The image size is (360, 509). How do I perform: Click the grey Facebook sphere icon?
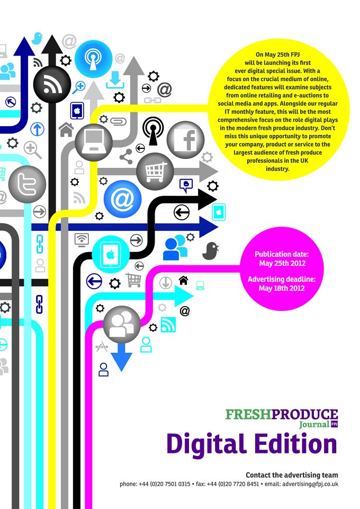[185, 140]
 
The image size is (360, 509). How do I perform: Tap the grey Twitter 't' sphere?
[27, 184]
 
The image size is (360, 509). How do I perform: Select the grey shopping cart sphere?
[155, 172]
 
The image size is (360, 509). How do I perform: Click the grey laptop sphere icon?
[94, 142]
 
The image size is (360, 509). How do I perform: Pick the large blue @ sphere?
[123, 199]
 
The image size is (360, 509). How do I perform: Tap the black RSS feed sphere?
[52, 84]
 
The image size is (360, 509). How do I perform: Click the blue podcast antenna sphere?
[93, 59]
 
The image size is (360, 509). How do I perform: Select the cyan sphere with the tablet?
[111, 254]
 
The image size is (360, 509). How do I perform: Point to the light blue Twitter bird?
[37, 38]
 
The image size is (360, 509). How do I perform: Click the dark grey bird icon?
[210, 251]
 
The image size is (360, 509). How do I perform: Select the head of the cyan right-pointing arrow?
[184, 296]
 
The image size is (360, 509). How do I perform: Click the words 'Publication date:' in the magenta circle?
[282, 254]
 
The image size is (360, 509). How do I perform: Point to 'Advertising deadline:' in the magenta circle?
[282, 279]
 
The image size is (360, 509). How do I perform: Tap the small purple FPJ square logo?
[335, 424]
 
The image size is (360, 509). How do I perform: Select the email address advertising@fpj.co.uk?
[310, 484]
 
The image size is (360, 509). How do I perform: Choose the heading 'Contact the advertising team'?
[292, 475]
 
